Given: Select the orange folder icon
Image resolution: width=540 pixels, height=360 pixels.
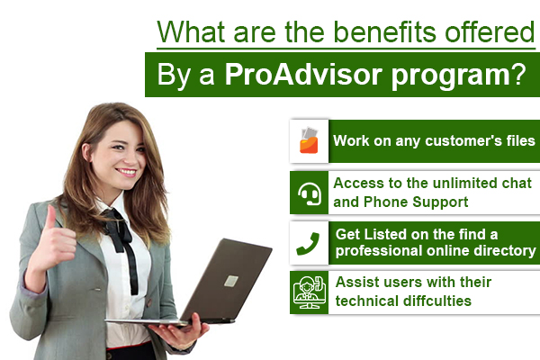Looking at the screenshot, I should pyautogui.click(x=309, y=140).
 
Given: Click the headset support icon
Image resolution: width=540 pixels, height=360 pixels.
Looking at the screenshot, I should pyautogui.click(x=309, y=191).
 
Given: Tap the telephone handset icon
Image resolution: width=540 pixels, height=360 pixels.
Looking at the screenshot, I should pyautogui.click(x=309, y=241).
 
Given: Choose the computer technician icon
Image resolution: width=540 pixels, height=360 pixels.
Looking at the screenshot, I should pyautogui.click(x=309, y=292).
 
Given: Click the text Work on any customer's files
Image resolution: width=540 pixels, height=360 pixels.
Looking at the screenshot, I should pyautogui.click(x=434, y=141).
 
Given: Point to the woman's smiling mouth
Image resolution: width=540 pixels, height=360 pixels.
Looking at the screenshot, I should pyautogui.click(x=126, y=171).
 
